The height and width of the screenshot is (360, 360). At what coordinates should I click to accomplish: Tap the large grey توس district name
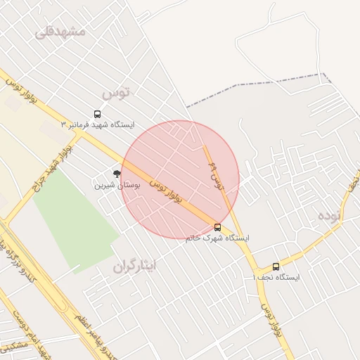[116, 92]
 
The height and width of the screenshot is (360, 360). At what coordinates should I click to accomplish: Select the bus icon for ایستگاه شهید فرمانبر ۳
[97, 114]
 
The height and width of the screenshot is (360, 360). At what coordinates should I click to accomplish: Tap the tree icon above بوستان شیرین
[117, 173]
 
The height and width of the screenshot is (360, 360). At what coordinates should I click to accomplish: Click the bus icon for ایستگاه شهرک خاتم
[217, 227]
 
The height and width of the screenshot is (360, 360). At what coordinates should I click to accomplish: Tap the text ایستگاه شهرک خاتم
[217, 238]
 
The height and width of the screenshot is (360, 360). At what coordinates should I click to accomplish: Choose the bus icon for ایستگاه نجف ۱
[276, 266]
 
